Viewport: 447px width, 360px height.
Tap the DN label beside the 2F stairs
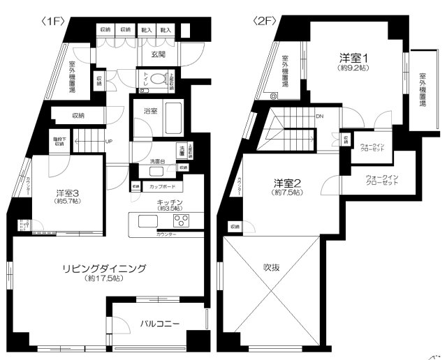319,117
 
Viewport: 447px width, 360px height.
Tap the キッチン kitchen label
170,201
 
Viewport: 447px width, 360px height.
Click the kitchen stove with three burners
182,222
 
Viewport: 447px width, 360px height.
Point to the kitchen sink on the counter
149,222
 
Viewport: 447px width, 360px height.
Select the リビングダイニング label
103,268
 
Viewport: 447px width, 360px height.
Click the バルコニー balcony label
160,324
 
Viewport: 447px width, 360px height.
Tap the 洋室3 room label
68,193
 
